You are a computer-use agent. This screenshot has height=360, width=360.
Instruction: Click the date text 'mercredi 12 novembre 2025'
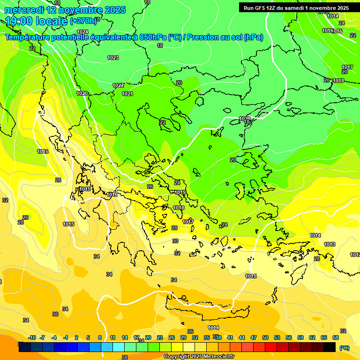click(65, 10)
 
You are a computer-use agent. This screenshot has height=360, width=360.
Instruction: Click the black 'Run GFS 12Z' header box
click(296, 7)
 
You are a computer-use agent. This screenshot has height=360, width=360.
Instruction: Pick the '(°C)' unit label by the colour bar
click(345, 348)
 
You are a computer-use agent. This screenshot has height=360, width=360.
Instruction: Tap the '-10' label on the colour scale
click(32, 337)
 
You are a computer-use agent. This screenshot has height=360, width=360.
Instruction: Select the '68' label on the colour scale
click(336, 337)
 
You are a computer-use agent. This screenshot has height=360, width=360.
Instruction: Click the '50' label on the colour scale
click(265, 337)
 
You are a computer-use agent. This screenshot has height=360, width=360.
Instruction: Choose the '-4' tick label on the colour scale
click(54, 337)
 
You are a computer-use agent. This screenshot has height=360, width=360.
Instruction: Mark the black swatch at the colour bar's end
click(330, 347)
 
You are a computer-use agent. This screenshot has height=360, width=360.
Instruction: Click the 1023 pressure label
click(113, 58)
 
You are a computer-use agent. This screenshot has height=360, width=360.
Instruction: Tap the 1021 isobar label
click(127, 94)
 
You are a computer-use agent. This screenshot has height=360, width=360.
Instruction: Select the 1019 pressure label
click(180, 192)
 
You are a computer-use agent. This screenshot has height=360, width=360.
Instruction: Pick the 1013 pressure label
click(330, 244)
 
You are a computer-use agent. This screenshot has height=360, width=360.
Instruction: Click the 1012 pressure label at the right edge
click(355, 255)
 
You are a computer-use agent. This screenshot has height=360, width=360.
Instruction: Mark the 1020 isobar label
click(82, 93)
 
